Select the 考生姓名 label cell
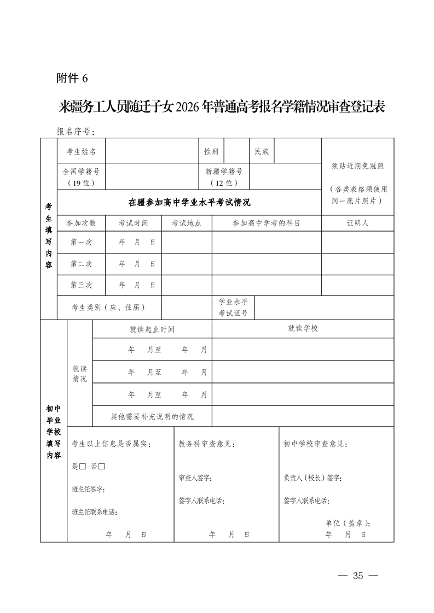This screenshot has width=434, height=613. point(81,151)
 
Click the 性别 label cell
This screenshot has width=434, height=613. point(211,151)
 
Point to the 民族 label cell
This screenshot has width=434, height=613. point(262,151)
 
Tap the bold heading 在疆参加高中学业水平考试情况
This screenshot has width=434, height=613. point(189,202)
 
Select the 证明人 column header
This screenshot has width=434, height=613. point(357,223)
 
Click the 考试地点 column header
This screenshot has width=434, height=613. point(187,223)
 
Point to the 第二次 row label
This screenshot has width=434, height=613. point(81,263)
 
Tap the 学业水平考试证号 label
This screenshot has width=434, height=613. point(233,308)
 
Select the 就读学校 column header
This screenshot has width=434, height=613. point(303,328)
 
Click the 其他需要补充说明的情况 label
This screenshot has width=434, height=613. point(152,416)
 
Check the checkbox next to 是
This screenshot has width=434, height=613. point(83,467)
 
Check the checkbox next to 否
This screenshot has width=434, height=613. point(102,467)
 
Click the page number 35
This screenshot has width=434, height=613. point(358,575)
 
